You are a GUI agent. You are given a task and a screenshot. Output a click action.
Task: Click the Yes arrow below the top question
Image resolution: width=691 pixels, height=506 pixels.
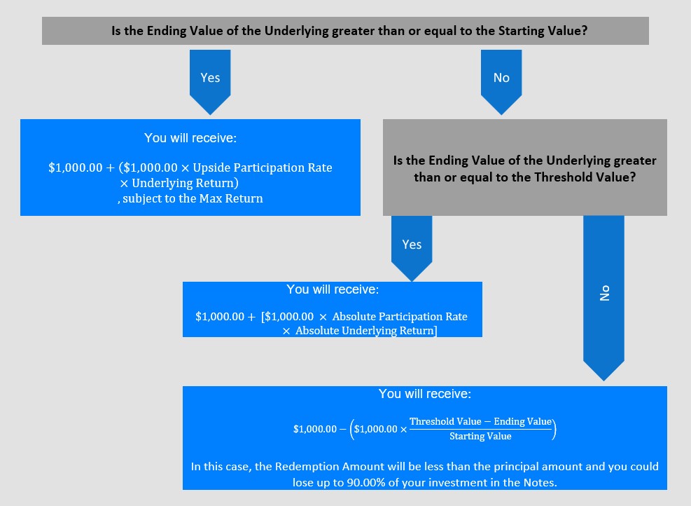[210, 82]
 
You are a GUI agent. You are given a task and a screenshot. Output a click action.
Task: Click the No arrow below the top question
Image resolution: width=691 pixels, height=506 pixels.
[501, 82]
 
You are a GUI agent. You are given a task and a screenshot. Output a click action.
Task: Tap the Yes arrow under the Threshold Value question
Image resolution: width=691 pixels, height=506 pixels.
[412, 248]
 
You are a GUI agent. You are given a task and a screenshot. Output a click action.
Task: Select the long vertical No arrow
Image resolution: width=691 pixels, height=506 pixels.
[603, 298]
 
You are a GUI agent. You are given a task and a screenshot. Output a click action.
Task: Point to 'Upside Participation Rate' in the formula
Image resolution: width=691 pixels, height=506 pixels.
[263, 167]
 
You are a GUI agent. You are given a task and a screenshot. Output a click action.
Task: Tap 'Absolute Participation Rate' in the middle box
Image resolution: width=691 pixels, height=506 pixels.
[400, 316]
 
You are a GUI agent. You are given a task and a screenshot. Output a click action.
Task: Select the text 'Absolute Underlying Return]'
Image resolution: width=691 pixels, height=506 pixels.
[366, 330]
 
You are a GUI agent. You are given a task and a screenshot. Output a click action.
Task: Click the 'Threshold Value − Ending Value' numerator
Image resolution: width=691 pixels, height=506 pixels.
[480, 421]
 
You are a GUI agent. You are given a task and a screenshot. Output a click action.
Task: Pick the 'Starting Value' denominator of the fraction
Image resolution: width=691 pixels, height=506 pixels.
[480, 437]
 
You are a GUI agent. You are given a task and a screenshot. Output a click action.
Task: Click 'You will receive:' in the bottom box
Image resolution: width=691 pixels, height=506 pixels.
[425, 394]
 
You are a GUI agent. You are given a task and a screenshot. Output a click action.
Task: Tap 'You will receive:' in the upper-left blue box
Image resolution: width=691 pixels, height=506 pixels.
[190, 138]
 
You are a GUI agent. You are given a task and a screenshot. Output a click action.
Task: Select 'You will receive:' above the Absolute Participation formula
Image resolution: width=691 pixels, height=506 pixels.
[333, 289]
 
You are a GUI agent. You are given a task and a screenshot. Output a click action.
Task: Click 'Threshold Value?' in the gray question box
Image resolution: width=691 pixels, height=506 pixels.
[585, 177]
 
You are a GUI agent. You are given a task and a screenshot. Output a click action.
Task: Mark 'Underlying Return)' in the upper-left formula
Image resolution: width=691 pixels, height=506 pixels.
[185, 183]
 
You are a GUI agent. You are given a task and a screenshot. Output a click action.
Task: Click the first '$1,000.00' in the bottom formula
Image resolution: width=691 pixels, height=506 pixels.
[315, 429]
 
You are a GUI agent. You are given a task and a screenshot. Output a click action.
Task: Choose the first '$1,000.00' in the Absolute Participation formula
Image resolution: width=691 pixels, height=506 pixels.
[220, 316]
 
